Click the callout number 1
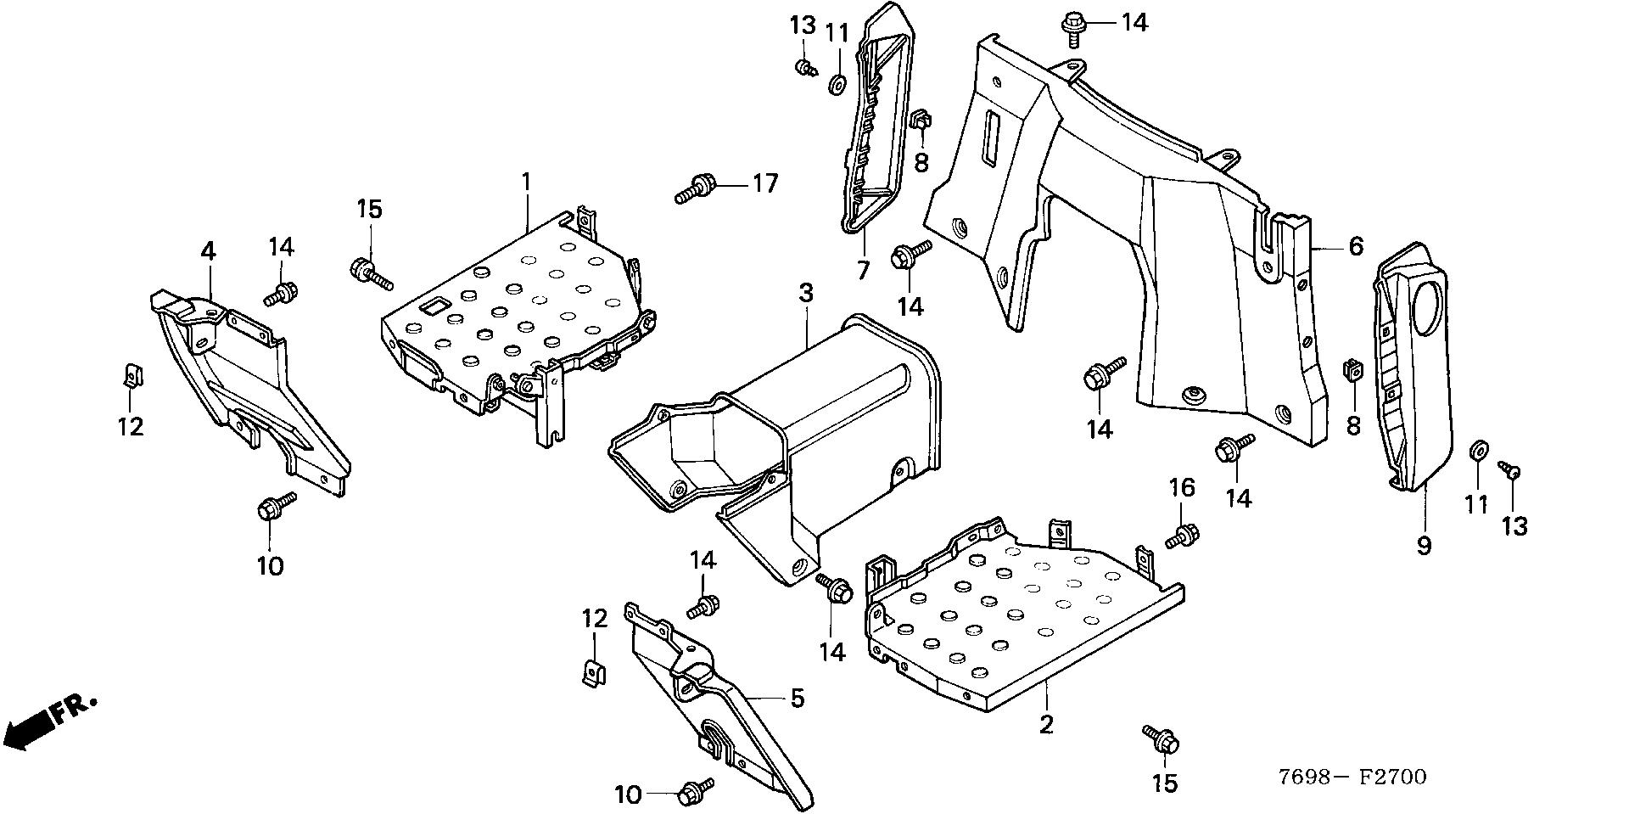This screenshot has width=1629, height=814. pyautogui.click(x=526, y=181)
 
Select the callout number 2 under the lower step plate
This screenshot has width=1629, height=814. pyautogui.click(x=1046, y=724)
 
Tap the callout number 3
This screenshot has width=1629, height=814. pyautogui.click(x=805, y=294)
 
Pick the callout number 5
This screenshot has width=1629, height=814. pyautogui.click(x=797, y=699)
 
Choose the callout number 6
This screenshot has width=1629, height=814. pyautogui.click(x=1355, y=246)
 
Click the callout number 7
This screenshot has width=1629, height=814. pyautogui.click(x=863, y=271)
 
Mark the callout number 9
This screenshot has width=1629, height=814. pyautogui.click(x=1423, y=545)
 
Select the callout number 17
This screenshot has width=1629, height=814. pyautogui.click(x=764, y=182)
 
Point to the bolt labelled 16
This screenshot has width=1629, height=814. pyautogui.click(x=1182, y=536)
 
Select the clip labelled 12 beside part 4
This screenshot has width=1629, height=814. pyautogui.click(x=132, y=374)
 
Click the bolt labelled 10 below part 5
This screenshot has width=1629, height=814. pyautogui.click(x=693, y=793)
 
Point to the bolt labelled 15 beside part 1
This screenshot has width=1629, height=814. pyautogui.click(x=370, y=272)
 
